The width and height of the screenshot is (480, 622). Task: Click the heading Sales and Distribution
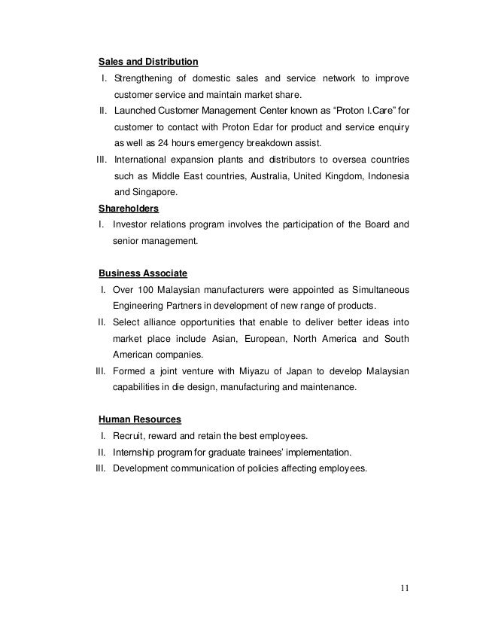pyautogui.click(x=149, y=60)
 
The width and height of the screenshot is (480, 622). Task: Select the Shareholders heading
pyautogui.click(x=129, y=209)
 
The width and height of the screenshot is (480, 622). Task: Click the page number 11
pyautogui.click(x=406, y=587)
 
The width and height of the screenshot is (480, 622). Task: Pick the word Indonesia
pyautogui.click(x=387, y=176)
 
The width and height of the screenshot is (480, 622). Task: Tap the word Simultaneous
pyautogui.click(x=373, y=288)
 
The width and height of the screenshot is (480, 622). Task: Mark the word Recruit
pyautogui.click(x=129, y=436)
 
